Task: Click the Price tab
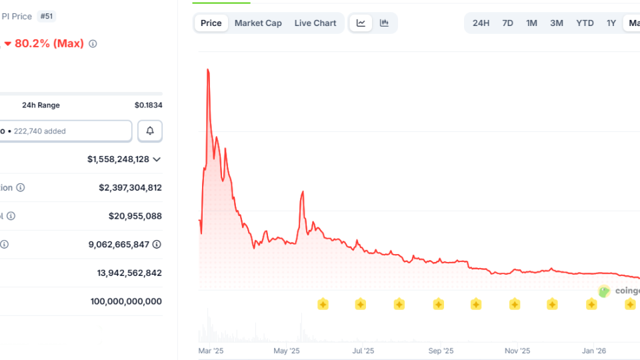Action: coord(211,23)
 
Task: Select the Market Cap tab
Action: coord(258,23)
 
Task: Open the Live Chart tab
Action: coord(315,23)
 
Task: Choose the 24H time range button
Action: coord(481,23)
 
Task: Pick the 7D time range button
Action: coord(507,23)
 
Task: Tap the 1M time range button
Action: coord(531,23)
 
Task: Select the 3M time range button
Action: coord(557,23)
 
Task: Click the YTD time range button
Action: coord(585,23)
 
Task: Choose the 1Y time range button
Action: coord(611,23)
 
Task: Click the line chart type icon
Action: coord(361,23)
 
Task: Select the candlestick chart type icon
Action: coord(385,23)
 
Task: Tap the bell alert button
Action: coord(150,131)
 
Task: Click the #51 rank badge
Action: coord(47,16)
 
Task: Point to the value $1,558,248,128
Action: coord(118,159)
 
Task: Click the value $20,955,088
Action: coord(135,216)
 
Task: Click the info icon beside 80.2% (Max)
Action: coord(93,44)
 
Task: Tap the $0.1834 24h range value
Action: coord(148,105)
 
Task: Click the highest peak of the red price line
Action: coord(208,69)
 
